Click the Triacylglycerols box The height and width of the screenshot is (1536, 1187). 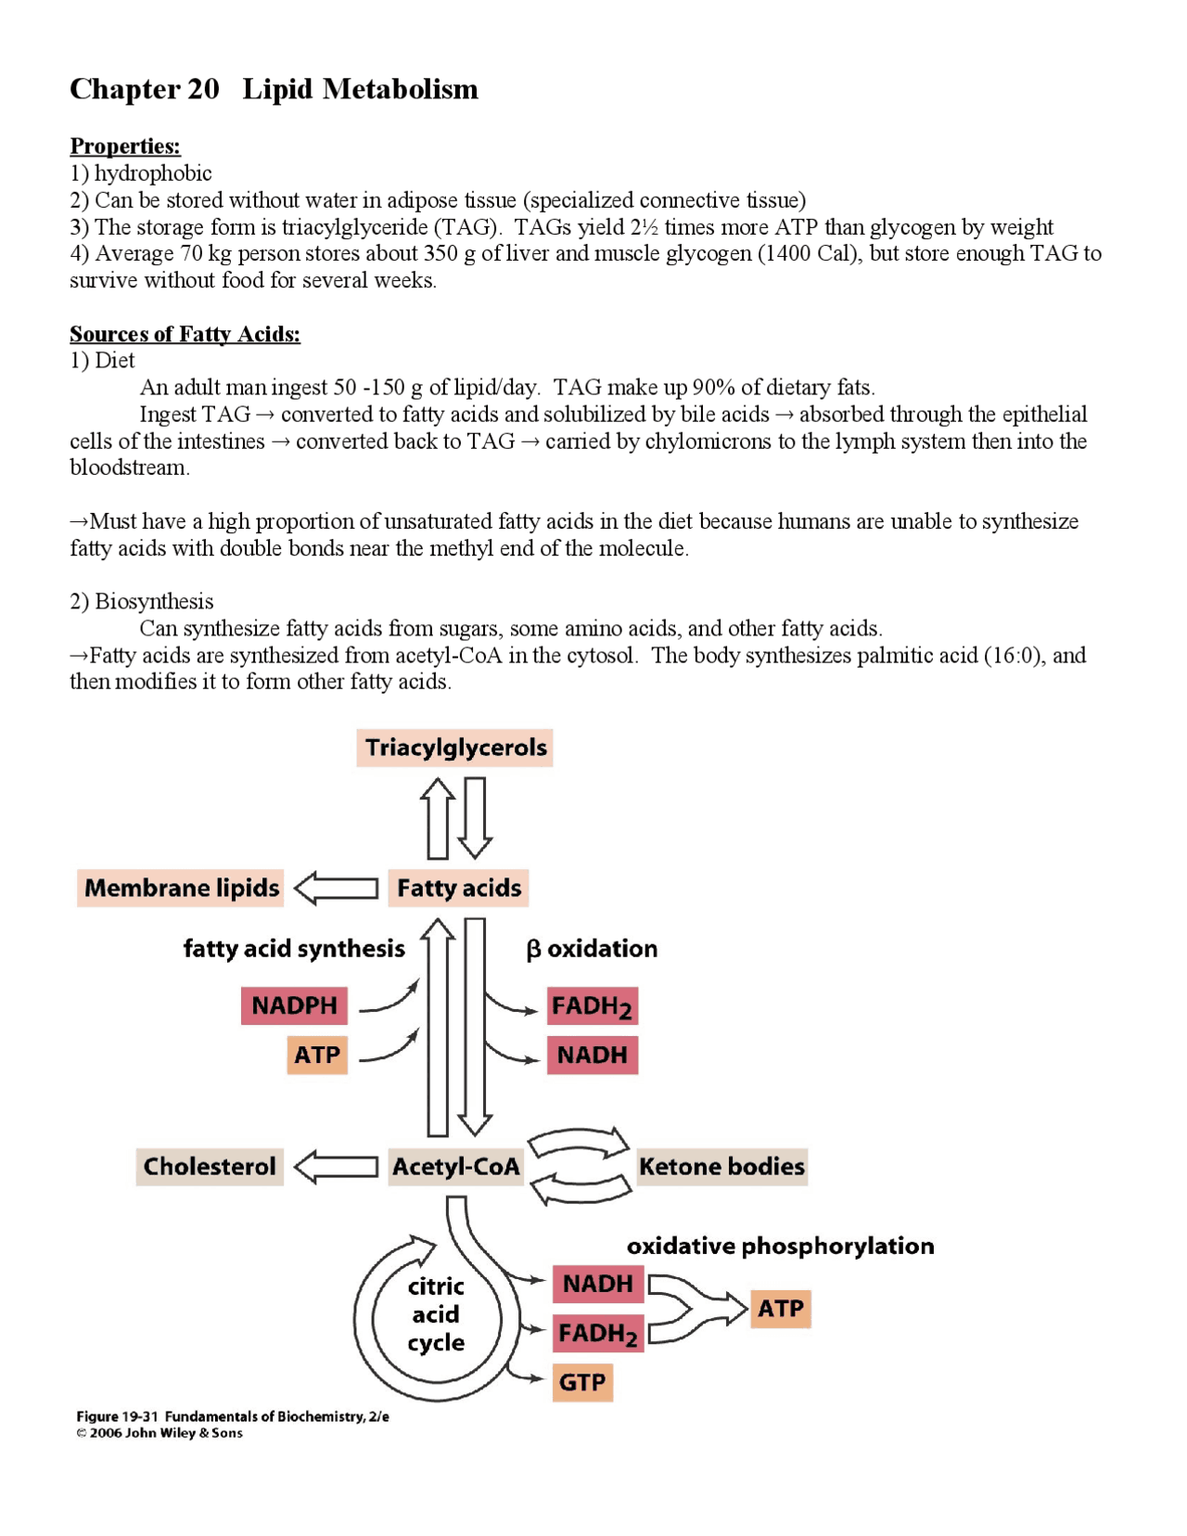point(454,748)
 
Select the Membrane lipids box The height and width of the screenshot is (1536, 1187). point(181,888)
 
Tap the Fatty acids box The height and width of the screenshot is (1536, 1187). point(458,888)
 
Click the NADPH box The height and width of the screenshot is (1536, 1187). point(294,1005)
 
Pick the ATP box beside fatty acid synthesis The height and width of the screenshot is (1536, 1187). point(317,1055)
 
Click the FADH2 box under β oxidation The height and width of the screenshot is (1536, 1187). point(592,1006)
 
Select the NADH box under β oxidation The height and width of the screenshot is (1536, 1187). point(592,1055)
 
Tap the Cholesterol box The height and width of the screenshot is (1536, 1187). point(210,1166)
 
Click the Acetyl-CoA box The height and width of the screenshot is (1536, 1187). point(455,1166)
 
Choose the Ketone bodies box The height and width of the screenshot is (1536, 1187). point(721,1166)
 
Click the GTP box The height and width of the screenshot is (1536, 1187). point(582,1382)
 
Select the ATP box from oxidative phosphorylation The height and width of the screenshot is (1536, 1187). point(780,1309)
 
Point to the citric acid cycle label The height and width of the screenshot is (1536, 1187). point(436,1313)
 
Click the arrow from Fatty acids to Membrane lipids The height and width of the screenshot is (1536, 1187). point(337,888)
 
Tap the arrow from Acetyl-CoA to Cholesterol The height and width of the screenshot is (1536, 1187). point(337,1166)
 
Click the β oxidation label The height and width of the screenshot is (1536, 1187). point(592,948)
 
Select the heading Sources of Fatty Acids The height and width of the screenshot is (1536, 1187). point(185,334)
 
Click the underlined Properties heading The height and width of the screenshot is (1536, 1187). point(125,147)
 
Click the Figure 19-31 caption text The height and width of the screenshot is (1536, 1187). point(232,1416)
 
